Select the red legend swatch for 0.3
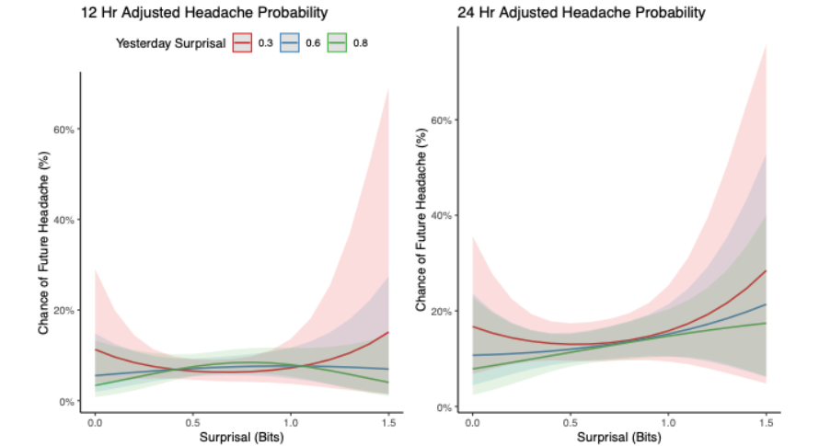click(x=243, y=42)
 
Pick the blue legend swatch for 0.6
click(x=290, y=42)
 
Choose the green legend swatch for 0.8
click(x=338, y=42)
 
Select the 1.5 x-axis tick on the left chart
click(x=388, y=421)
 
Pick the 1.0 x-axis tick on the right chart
click(x=667, y=427)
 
